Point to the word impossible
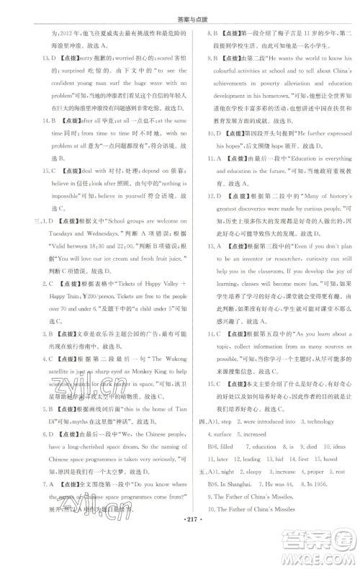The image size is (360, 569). click(x=60, y=195)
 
